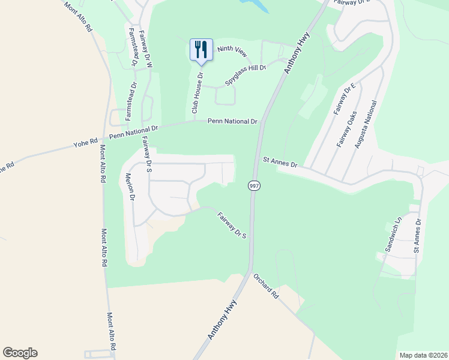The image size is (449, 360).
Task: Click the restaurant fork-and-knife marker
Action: click(202, 50)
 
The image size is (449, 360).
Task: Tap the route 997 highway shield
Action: click(255, 186)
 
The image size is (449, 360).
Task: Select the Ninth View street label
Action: click(232, 52)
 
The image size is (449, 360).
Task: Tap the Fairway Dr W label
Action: click(146, 49)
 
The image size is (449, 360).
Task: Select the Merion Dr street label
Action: click(130, 187)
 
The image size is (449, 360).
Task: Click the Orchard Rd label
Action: click(267, 287)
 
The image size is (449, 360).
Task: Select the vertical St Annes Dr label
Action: click(418, 235)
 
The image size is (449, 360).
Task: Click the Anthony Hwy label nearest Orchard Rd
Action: click(221, 321)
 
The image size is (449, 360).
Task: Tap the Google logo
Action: click(20, 353)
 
